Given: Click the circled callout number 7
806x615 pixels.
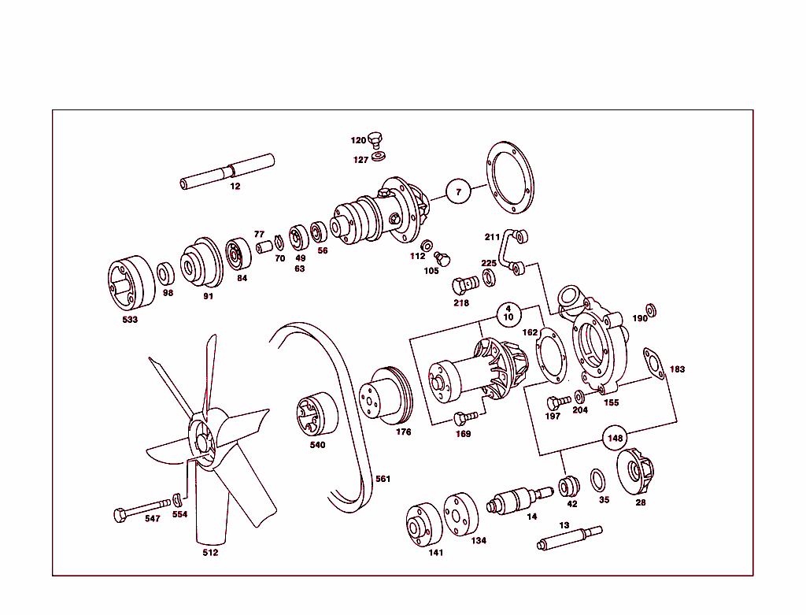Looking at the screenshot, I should [458, 191].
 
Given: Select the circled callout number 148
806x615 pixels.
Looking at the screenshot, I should [616, 438].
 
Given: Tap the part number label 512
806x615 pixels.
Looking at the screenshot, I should [210, 553].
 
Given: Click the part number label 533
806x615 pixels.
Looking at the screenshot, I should [130, 320].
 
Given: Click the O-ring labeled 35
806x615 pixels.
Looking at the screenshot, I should [598, 480].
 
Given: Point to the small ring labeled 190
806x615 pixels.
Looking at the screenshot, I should [652, 308].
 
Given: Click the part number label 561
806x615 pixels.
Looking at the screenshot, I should [383, 479].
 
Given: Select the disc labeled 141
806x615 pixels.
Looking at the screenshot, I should [424, 524].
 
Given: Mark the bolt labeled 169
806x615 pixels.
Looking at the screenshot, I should [464, 418].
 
